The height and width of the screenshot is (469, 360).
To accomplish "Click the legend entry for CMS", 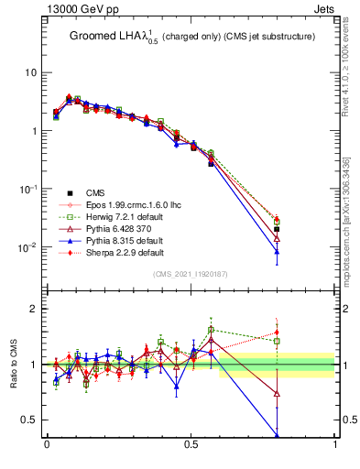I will (96, 191).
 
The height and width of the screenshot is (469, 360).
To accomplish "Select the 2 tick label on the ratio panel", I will (34, 309).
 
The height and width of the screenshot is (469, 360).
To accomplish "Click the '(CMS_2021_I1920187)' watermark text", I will (190, 275).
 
